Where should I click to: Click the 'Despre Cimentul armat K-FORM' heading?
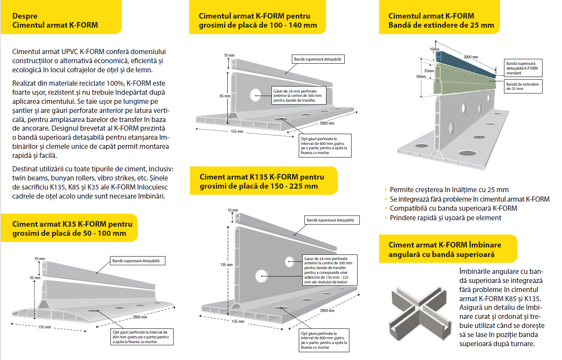pyautogui.click(x=55, y=20)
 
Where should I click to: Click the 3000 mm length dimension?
pyautogui.click(x=471, y=57)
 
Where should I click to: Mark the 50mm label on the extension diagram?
pyautogui.click(x=421, y=77)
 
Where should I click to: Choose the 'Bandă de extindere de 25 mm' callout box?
pyautogui.click(x=523, y=86)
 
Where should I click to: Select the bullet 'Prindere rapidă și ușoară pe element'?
pyautogui.click(x=446, y=218)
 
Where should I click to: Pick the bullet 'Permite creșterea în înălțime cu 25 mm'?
pyautogui.click(x=449, y=190)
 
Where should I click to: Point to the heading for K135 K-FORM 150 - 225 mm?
pyautogui.click(x=262, y=181)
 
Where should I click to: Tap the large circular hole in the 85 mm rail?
pyautogui.click(x=255, y=95)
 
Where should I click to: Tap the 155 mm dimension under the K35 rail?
pyautogui.click(x=45, y=327)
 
